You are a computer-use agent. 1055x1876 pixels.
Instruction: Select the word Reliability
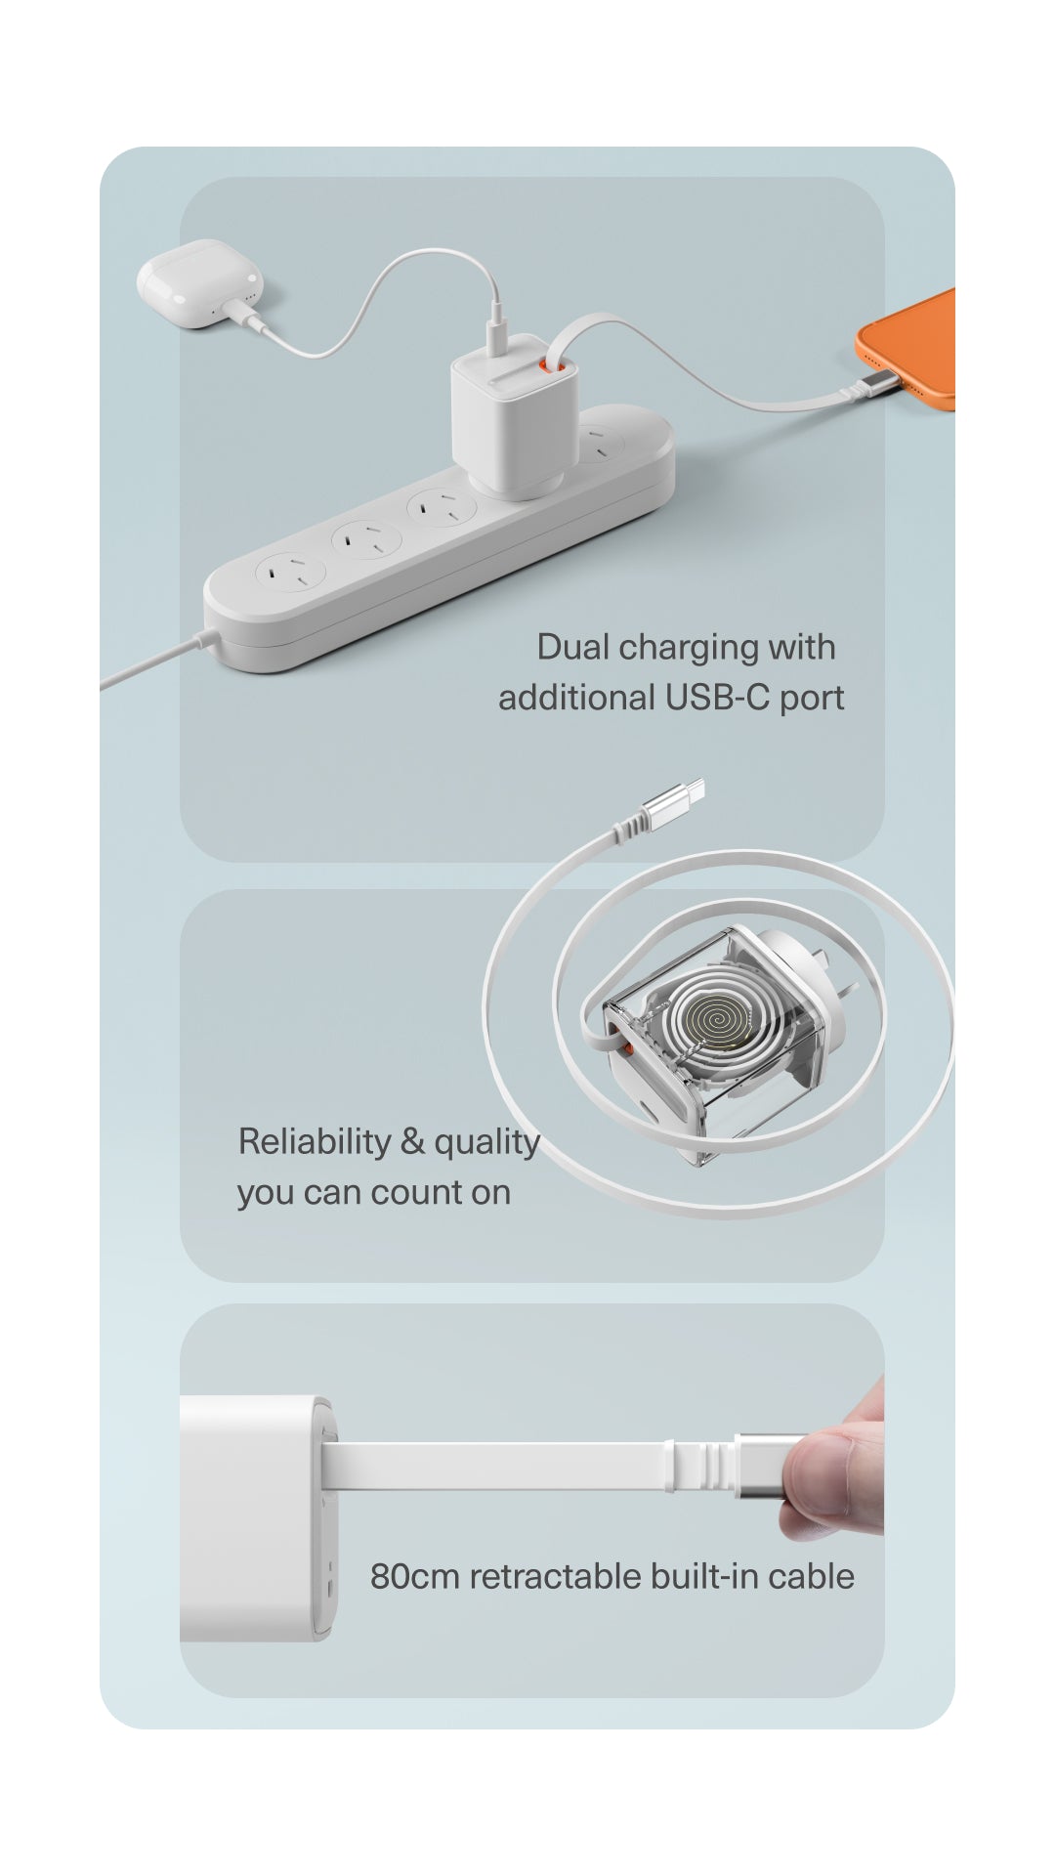315,1141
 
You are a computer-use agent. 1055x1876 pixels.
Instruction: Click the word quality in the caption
486,1141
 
